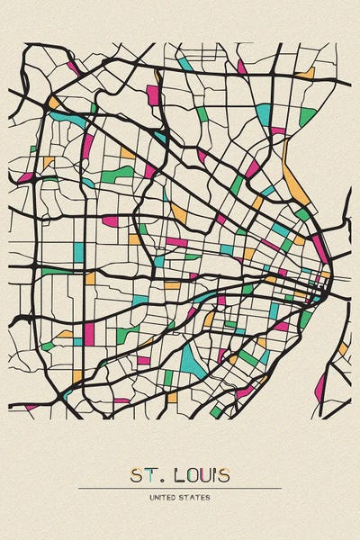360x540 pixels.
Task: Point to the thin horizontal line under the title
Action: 180,488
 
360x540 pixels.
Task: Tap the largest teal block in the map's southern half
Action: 192,360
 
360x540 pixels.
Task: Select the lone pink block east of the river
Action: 320,387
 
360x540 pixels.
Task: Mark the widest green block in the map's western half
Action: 117,174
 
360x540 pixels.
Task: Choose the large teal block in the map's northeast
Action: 263,114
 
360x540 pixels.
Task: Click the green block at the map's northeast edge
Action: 307,116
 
